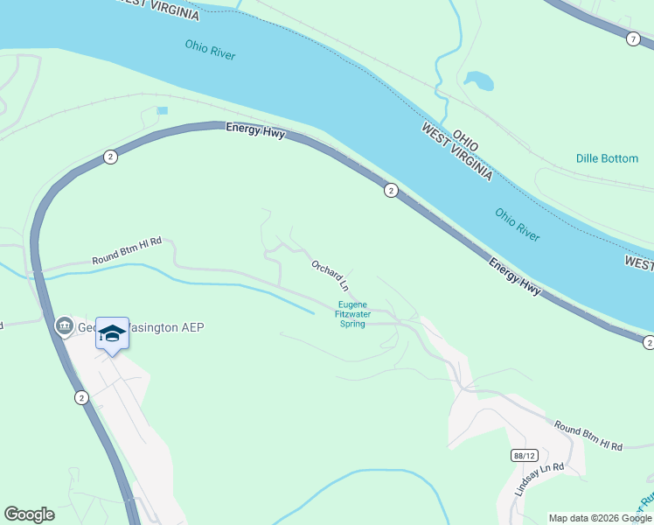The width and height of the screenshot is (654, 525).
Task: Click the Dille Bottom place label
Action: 607,158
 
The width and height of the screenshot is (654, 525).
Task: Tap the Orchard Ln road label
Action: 330,275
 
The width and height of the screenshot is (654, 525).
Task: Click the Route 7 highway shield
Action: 632,38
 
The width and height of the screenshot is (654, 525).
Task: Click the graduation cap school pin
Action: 112,333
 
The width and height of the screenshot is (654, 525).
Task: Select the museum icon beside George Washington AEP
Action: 63,327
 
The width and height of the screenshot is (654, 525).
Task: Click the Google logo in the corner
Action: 30,514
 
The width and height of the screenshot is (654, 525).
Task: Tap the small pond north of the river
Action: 478,80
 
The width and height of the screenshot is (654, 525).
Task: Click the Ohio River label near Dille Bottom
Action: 518,224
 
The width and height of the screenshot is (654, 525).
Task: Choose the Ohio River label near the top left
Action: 211,50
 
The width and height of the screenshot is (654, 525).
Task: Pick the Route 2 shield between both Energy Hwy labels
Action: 391,190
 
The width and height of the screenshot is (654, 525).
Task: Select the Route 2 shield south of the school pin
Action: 81,397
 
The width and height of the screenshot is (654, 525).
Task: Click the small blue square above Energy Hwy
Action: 162,110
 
